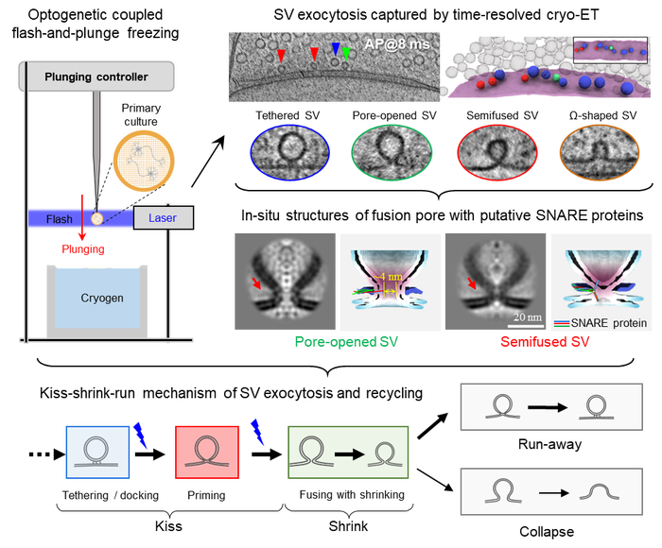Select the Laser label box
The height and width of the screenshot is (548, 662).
[x=163, y=218]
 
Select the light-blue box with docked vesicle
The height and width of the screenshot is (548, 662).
[x=98, y=451]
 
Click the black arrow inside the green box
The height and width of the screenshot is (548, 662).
[x=349, y=453]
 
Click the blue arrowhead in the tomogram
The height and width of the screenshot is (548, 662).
[x=335, y=48]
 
